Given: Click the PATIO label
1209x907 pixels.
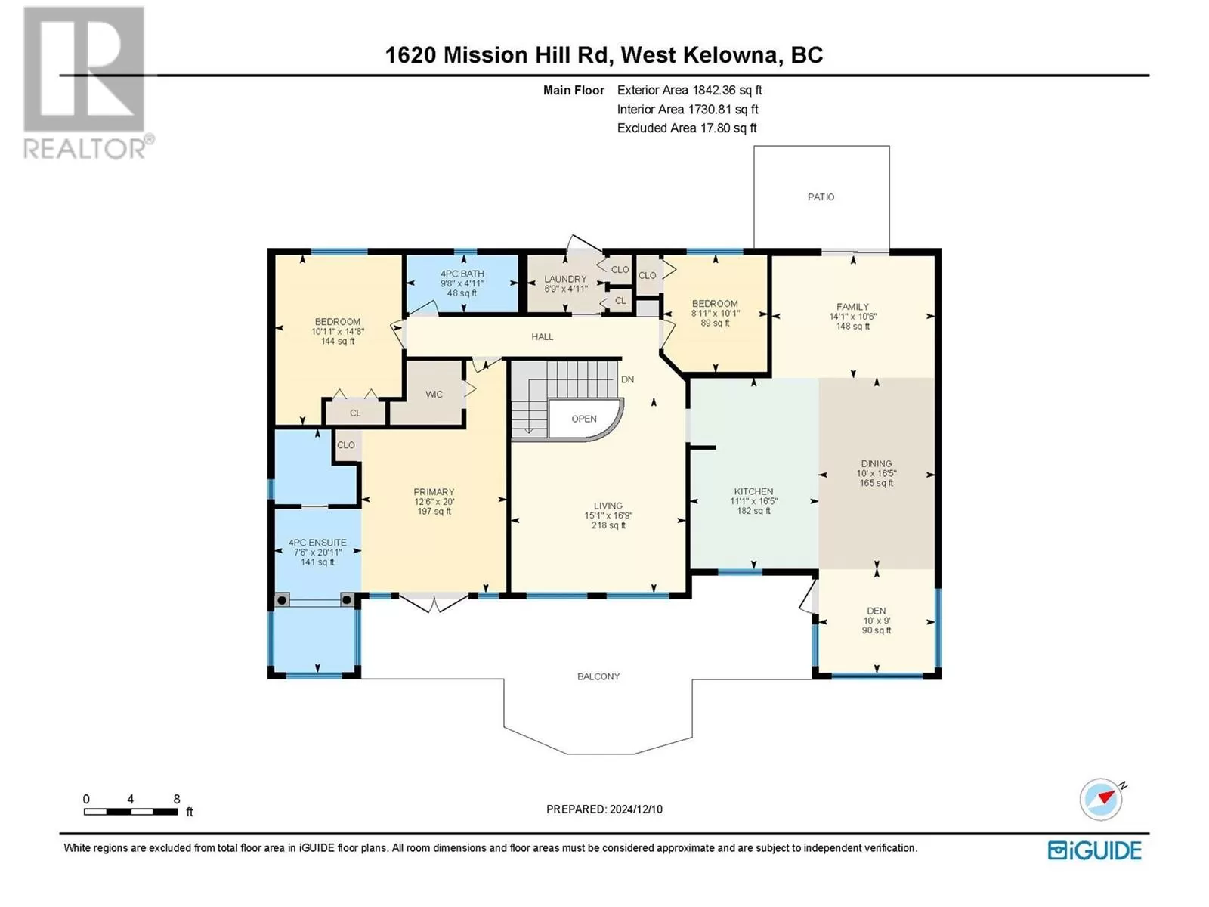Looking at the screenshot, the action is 821,197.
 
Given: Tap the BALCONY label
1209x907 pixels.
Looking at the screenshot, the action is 598,676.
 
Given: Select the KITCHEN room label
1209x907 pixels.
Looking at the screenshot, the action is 753,491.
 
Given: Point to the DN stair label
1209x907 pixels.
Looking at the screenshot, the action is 627,379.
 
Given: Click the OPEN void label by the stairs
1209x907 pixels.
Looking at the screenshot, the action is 584,419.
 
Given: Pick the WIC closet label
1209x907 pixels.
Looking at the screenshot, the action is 434,395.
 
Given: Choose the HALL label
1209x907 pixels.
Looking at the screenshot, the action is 543,336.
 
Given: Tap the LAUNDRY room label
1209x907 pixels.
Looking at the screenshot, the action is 565,279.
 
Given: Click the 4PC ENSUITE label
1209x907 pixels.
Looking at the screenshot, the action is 318,543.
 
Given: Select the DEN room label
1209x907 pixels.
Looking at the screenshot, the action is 877,611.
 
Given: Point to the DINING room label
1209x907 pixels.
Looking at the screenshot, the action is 877,463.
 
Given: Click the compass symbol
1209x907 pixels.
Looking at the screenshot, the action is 1100,800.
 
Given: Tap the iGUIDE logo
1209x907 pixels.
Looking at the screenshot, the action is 1094,850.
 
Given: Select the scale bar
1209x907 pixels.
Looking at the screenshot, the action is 131,812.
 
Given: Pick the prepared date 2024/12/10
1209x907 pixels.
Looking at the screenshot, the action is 635,809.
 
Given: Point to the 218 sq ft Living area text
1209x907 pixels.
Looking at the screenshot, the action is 608,525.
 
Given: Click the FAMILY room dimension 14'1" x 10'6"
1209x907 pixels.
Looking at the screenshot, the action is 852,317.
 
